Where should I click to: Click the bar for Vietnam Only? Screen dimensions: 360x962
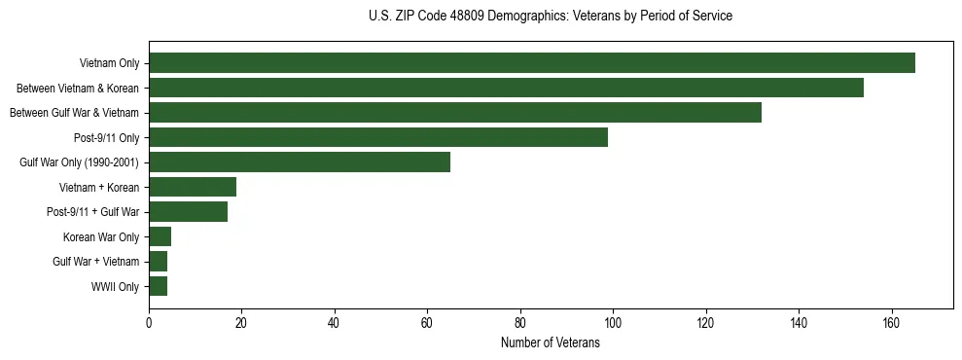point(532,63)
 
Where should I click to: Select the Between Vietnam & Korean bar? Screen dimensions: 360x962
point(506,88)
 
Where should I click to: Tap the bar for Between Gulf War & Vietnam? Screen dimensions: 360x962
point(455,113)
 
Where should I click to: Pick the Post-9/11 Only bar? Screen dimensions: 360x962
point(378,137)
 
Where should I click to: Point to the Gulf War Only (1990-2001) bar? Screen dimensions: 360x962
point(300,162)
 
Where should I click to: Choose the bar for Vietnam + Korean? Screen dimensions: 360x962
point(193,187)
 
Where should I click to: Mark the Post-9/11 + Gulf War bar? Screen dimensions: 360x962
point(188,212)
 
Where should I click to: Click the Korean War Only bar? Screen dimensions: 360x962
point(160,236)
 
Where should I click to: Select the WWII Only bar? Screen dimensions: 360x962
point(158,286)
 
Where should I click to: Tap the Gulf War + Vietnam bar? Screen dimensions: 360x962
point(158,262)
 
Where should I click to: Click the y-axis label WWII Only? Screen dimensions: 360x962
point(115,287)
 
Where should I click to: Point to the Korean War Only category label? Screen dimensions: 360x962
point(102,237)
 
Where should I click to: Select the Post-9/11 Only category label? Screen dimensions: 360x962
point(107,138)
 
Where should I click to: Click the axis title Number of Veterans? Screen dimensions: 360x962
point(551,342)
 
